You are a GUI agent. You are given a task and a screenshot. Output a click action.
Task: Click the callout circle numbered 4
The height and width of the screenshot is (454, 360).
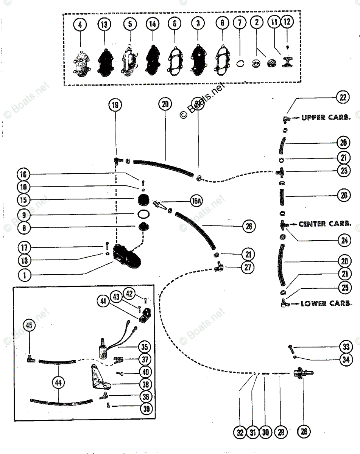[80, 25]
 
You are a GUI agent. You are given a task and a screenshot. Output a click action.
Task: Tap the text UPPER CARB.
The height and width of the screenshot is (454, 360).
[326, 118]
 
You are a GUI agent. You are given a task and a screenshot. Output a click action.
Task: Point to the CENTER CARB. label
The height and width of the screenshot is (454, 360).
[323, 224]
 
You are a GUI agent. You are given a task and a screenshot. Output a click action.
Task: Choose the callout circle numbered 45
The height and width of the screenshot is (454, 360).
[29, 325]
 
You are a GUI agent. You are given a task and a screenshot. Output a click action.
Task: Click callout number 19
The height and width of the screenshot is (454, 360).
[115, 105]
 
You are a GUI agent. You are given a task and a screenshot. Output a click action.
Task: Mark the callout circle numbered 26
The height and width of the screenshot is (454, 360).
[249, 227]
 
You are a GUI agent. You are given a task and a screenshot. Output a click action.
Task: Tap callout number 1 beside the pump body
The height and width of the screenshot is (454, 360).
[25, 275]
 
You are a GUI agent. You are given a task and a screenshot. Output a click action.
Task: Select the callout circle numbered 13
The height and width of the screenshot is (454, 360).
[104, 25]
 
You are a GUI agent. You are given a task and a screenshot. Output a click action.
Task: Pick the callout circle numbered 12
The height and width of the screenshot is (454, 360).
[287, 22]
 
